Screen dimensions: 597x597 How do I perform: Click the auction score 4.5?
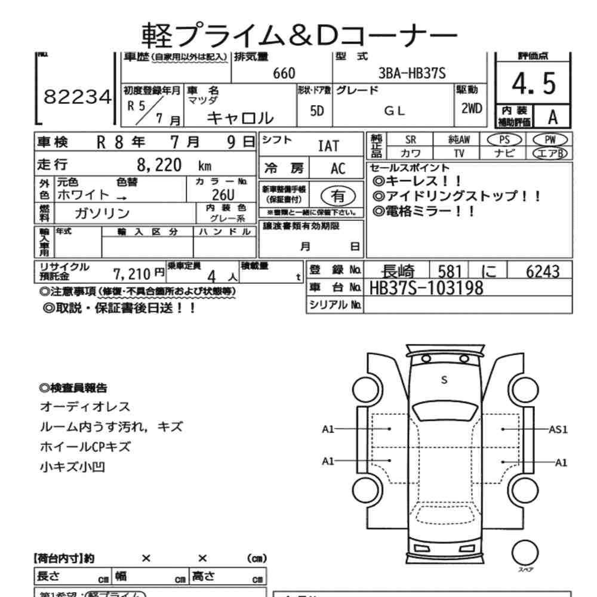click(534, 85)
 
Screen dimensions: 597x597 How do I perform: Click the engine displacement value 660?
click(284, 73)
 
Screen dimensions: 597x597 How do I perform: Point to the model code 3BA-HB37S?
click(413, 73)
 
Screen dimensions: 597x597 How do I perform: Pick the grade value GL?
click(394, 110)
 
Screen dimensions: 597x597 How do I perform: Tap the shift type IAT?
click(328, 146)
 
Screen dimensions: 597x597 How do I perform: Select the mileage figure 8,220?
click(159, 165)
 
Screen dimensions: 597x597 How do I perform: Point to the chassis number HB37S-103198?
click(426, 288)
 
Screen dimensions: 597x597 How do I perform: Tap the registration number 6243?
click(543, 272)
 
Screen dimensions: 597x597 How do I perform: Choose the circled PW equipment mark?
click(550, 139)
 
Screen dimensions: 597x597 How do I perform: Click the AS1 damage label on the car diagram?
click(558, 429)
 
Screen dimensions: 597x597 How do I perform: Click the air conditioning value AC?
click(338, 169)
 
